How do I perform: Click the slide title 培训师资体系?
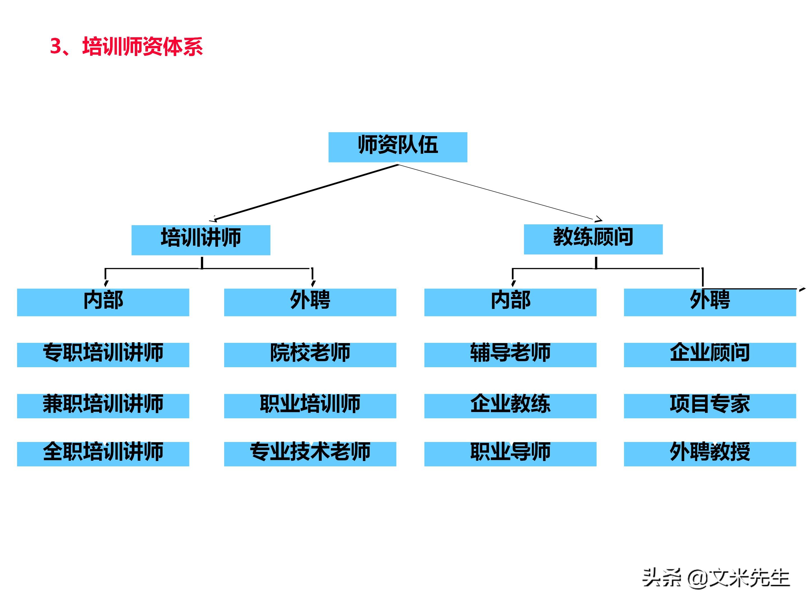[126, 47]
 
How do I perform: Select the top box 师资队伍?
[398, 147]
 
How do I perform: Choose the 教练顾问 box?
[593, 239]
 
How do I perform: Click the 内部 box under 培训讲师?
[103, 302]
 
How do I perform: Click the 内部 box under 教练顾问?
[510, 302]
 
